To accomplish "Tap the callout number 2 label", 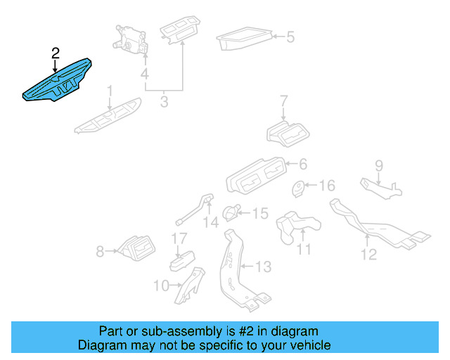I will (56, 53).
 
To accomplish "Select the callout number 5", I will (290, 37).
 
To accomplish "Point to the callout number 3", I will (164, 102).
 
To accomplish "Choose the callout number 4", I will (144, 74).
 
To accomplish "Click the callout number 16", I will (327, 186).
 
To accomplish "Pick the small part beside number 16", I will (299, 189).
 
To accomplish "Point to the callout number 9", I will (378, 166).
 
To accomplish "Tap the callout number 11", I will (303, 249).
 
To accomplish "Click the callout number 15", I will (260, 212).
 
